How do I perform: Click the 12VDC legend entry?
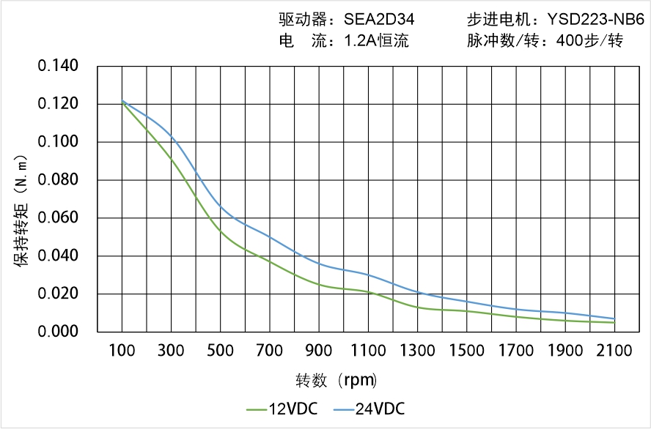tap(282, 409)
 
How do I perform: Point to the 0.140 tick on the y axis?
tap(58, 67)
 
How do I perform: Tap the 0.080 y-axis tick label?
tap(58, 180)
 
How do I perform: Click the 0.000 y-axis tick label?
tap(58, 332)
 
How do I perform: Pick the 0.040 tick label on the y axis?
tap(58, 256)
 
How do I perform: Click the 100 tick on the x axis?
tap(122, 351)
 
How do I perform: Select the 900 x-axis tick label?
tap(319, 351)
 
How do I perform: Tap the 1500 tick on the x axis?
tap(466, 351)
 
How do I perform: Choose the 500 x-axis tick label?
tap(220, 351)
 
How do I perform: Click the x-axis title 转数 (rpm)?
tap(336, 381)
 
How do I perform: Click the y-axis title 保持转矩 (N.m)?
tap(21, 209)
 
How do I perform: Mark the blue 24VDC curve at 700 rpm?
tap(270, 236)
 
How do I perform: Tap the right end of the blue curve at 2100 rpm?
tap(614, 318)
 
